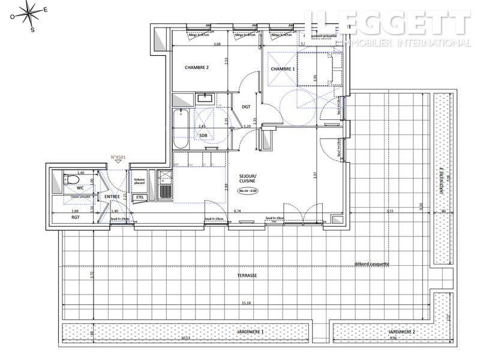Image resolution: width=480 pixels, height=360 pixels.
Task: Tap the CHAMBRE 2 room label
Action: click(x=196, y=68)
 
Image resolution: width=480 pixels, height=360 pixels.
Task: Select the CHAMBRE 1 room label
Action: click(x=283, y=69)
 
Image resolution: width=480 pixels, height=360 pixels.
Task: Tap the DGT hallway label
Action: click(x=246, y=107)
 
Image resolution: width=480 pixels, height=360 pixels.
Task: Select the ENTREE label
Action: click(x=112, y=196)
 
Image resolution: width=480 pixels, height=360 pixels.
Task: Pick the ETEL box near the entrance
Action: click(x=140, y=197)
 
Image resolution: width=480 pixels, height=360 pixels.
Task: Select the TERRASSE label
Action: click(x=247, y=275)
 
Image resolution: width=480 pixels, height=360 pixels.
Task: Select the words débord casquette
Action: click(x=373, y=264)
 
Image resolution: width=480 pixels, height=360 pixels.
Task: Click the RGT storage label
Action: click(x=75, y=218)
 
